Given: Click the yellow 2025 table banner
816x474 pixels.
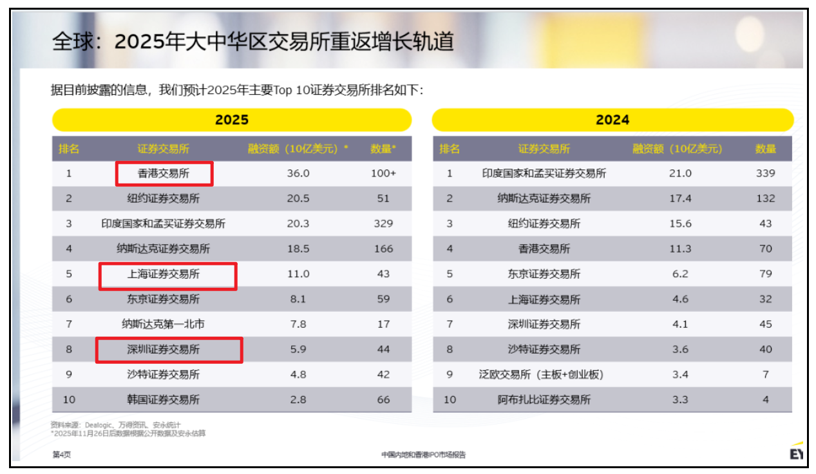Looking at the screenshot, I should tap(231, 120).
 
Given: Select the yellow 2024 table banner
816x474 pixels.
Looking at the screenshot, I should tap(612, 120).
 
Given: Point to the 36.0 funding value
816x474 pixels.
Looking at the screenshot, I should tap(298, 173).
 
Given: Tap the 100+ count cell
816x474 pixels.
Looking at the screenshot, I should tap(383, 173).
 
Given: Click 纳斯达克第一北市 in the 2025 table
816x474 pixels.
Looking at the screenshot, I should tap(163, 324).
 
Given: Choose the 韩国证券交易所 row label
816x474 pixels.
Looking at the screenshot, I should tap(163, 399).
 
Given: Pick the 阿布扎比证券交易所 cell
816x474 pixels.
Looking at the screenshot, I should tap(544, 399).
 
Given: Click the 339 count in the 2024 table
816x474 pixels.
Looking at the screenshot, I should tap(765, 173).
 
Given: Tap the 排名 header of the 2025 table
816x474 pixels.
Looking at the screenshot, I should tap(69, 149).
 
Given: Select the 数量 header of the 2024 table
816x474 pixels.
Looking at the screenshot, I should tap(765, 149).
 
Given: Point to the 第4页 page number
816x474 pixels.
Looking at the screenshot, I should tap(61, 455).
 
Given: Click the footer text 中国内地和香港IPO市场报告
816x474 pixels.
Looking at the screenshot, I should tap(423, 455).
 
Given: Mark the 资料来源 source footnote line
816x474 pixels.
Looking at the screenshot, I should tap(111, 425).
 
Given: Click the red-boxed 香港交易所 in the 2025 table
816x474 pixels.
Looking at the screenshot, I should tap(164, 173).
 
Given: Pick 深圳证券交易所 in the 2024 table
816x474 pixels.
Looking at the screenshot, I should tap(544, 324).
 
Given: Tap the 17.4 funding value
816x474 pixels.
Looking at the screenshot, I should tap(680, 198).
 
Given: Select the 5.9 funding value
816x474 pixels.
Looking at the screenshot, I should tap(298, 349).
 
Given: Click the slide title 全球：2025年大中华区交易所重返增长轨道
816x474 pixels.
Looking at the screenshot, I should tap(252, 42).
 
